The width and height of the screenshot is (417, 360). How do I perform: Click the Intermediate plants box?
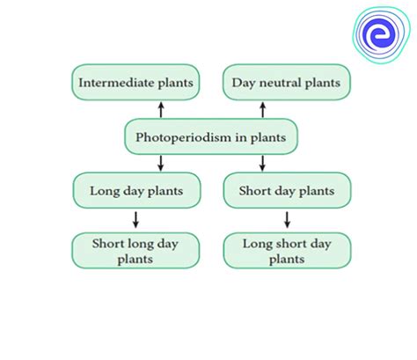135,82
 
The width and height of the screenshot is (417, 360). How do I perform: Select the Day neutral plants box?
287,82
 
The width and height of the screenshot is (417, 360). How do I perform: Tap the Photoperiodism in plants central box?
211,136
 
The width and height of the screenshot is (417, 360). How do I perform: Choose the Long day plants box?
136,190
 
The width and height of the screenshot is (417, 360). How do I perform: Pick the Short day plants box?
287,190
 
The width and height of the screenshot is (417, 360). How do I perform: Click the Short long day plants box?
135,251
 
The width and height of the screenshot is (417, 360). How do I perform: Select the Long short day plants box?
287,251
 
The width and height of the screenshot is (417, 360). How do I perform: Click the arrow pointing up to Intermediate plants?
161,110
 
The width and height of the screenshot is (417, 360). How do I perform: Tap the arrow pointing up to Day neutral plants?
263,110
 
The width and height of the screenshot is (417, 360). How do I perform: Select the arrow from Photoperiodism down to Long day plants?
160,163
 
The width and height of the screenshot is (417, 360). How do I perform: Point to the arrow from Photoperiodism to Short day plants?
262,163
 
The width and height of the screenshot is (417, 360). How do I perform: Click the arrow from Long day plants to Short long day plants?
135,220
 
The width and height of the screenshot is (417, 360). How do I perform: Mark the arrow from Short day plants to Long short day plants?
288,220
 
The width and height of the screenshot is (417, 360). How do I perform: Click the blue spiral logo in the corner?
381,34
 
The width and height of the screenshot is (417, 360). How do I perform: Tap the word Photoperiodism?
181,137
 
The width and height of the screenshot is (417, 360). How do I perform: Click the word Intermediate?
116,83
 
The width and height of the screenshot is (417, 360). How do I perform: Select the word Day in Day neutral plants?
244,83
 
